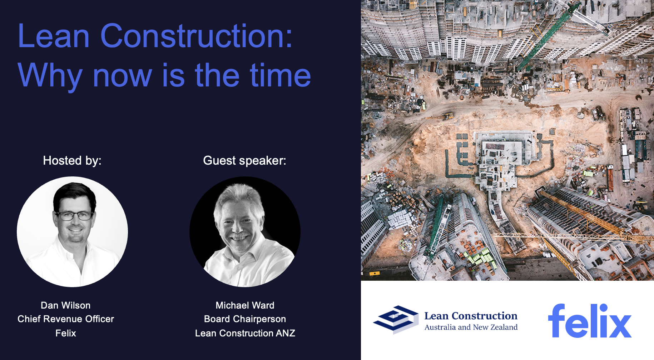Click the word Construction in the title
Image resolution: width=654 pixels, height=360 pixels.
pyautogui.click(x=197, y=36)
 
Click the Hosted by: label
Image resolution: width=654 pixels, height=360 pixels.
pyautogui.click(x=72, y=160)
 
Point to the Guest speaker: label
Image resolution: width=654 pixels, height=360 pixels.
pyautogui.click(x=245, y=160)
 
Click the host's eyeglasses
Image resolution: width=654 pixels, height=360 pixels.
pyautogui.click(x=74, y=216)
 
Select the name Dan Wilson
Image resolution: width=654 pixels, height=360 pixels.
pyautogui.click(x=66, y=305)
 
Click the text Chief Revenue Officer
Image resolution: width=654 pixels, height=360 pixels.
pyautogui.click(x=66, y=319)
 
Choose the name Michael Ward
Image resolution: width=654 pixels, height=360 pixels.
pyautogui.click(x=245, y=305)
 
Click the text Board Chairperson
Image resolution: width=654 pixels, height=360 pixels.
pyautogui.click(x=245, y=319)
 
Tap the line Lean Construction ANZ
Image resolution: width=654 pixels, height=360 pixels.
pyautogui.click(x=245, y=333)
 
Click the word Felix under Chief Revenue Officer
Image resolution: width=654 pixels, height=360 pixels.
pyautogui.click(x=66, y=333)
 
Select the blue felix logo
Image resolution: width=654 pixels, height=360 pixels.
pyautogui.click(x=590, y=321)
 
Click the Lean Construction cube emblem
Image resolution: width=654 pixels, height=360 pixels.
pyautogui.click(x=396, y=319)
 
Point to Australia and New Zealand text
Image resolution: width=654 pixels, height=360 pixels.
pyautogui.click(x=471, y=327)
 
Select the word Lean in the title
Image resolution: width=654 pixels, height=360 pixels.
pyautogui.click(x=54, y=36)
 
